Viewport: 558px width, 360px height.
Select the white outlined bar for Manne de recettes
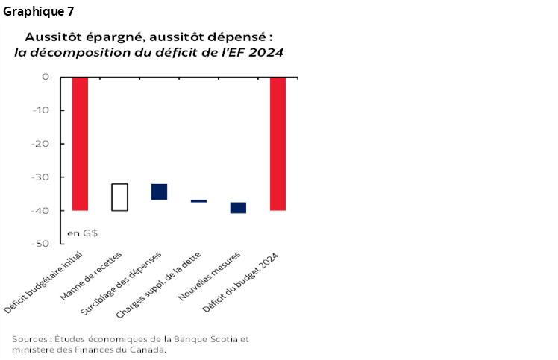(x=119, y=197)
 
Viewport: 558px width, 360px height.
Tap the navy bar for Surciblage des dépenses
(x=159, y=192)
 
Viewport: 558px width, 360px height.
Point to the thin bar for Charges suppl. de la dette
(x=198, y=201)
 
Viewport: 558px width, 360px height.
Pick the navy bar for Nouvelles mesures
(x=238, y=207)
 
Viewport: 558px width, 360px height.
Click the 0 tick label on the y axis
(x=46, y=77)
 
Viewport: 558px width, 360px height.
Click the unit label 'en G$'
(x=83, y=233)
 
